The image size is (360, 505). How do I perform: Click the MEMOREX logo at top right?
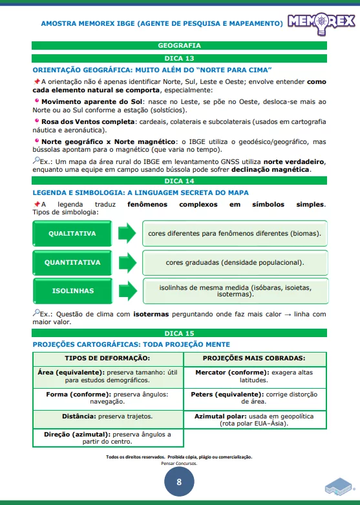coord(321,22)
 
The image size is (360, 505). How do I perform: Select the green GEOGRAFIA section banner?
coord(179,46)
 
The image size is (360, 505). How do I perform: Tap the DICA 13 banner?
coord(179,58)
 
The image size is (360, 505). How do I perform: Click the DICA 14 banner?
coord(179,181)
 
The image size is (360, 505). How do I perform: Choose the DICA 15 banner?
coord(179,333)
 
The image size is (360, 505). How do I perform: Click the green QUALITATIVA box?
coord(72,233)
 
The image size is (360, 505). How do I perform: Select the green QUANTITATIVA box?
coord(72,262)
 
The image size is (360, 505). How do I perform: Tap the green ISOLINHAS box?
coord(72,291)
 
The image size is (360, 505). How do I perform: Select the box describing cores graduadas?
coord(234,262)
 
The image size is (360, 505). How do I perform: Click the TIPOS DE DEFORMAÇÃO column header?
coord(107,358)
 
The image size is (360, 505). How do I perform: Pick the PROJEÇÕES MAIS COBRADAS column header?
coord(254,358)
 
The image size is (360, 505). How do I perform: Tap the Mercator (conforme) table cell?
coord(254,376)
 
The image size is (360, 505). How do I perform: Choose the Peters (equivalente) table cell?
coord(254,398)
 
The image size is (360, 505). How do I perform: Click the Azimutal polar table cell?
coord(254,420)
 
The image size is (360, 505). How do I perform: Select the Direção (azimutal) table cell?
coord(107,438)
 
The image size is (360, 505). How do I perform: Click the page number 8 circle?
coord(179,482)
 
